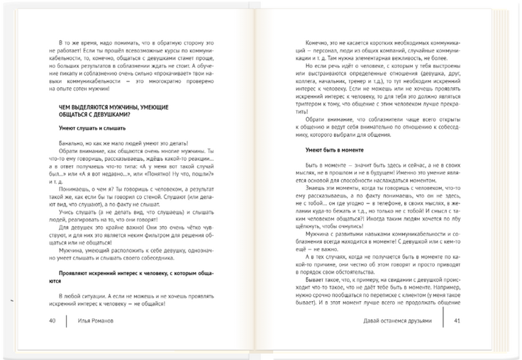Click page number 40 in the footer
click(x=52, y=320)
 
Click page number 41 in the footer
click(x=457, y=320)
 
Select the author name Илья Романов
click(x=96, y=320)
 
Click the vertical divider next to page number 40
click(x=66, y=320)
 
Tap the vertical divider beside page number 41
click(x=443, y=320)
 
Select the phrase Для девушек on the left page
click(x=78, y=228)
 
